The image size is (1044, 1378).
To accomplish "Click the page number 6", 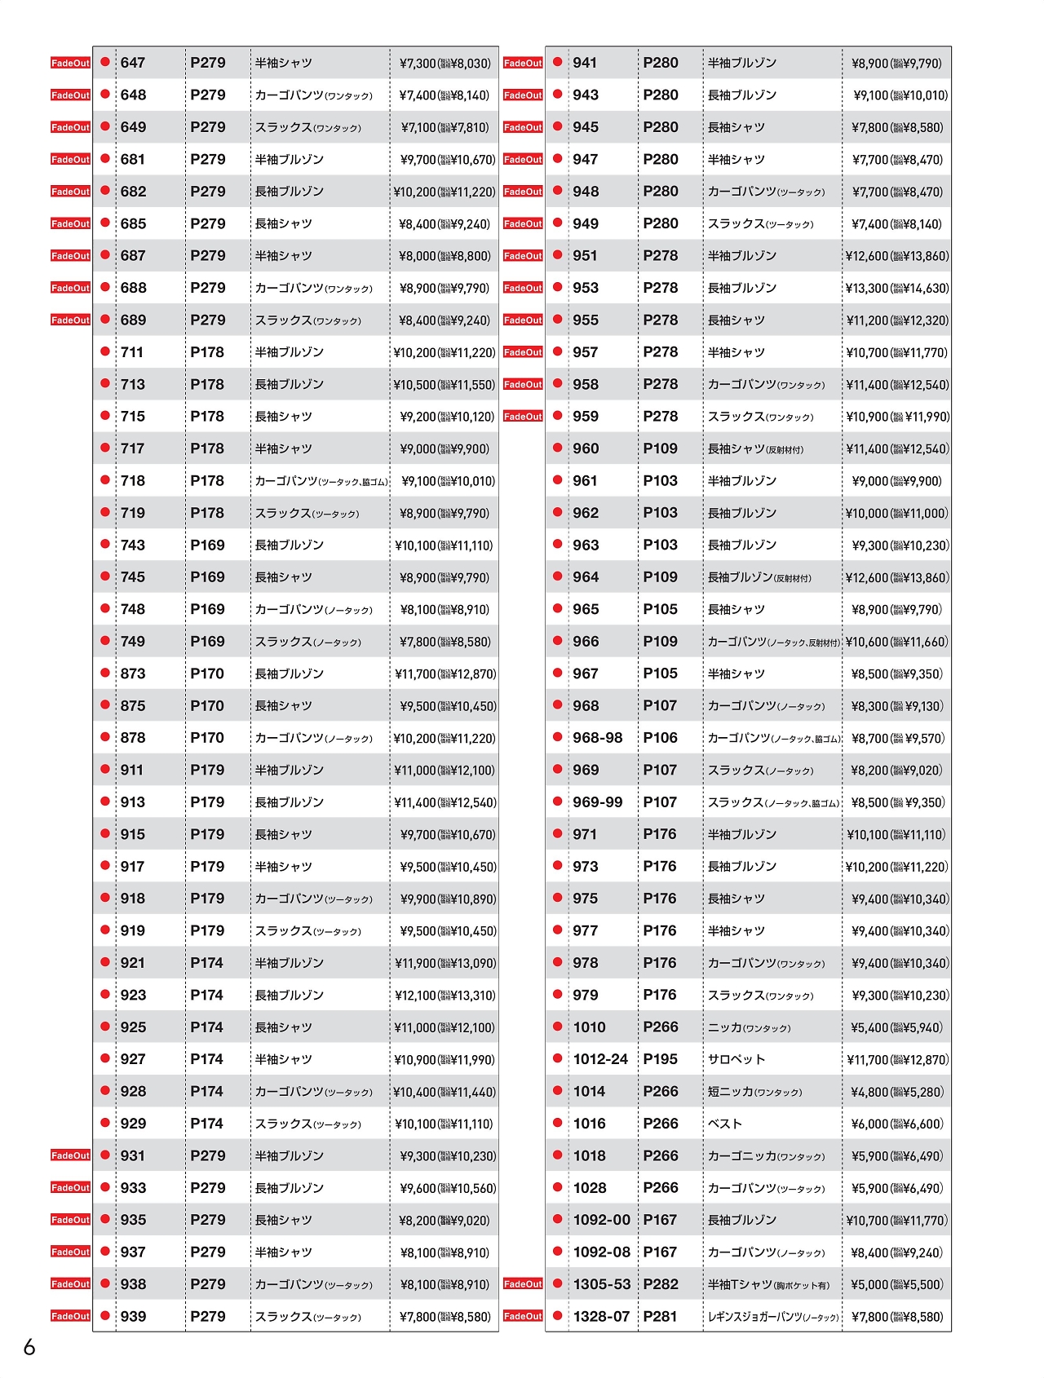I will tap(29, 1347).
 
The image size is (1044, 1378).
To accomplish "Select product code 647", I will tap(133, 63).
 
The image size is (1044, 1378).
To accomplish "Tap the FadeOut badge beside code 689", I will tap(71, 320).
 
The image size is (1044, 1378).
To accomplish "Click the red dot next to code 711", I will tap(105, 351).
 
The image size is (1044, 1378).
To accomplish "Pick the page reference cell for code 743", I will tap(207, 545).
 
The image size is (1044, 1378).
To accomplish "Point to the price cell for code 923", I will tap(445, 996).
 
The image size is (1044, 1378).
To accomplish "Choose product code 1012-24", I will tap(600, 1059).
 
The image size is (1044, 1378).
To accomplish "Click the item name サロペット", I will tap(737, 1059).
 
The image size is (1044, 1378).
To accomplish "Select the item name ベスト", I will tap(725, 1124).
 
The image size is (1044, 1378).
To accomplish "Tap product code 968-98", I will tap(597, 738).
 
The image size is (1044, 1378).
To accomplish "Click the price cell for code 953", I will tap(897, 289).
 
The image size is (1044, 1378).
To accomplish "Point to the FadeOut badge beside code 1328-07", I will tap(524, 1316).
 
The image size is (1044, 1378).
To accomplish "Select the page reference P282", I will tap(661, 1284).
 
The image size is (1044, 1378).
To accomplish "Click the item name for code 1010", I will tap(749, 1027).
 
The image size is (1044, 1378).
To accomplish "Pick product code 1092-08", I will tap(601, 1252).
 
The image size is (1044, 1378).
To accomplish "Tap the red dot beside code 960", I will tap(558, 448).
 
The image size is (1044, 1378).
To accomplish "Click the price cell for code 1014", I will tap(897, 1092).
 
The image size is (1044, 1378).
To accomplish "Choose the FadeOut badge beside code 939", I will tap(71, 1316).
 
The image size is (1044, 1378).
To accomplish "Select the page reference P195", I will tap(661, 1059).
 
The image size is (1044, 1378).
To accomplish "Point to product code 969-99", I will tap(597, 802).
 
